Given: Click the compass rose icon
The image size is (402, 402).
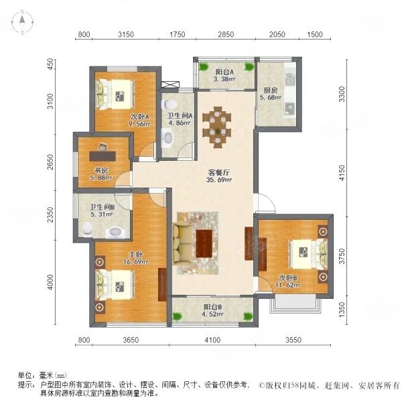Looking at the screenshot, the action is pos(22,22).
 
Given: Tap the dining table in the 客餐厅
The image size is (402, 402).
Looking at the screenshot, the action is pos(217,127).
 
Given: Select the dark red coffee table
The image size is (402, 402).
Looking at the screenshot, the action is pos(204,244).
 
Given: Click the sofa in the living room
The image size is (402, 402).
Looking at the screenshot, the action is pos(182,243).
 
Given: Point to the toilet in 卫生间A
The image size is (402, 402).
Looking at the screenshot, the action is pos(169,104).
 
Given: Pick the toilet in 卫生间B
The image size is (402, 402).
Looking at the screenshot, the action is pos(87,229).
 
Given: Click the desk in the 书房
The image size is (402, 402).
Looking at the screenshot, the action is pos(103,156).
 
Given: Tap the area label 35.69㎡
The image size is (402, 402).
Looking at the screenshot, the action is pos(219,180).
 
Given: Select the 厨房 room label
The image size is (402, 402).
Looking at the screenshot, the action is pos(271,90).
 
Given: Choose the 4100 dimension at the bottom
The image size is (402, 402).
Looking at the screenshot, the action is pos(212,340).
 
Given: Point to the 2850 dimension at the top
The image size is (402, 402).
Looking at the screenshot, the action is pos(226,34).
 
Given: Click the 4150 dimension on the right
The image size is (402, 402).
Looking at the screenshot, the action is pos(342,173).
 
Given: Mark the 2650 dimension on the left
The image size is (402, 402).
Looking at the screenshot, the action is pos(51,161).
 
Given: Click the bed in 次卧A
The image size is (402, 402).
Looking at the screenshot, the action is pos(115,94).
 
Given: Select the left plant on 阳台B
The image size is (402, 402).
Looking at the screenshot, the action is pos(177,316).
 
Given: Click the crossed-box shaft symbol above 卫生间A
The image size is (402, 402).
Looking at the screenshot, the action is pos(170,85).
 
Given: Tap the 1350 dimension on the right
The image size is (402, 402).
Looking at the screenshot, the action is pos(342,309).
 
